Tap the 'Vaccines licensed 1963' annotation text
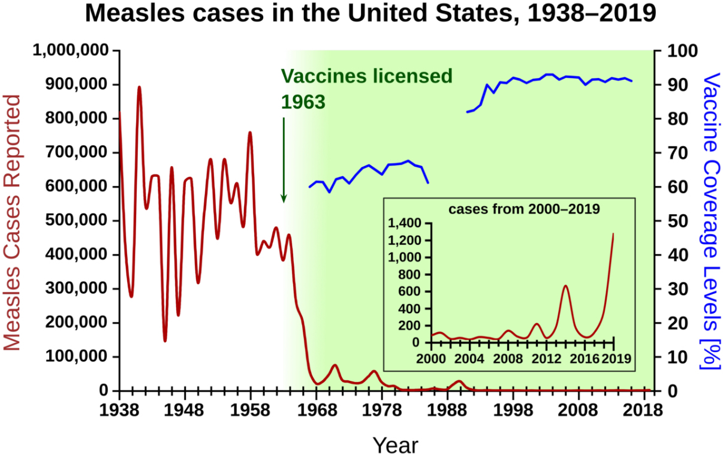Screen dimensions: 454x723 click(366, 89)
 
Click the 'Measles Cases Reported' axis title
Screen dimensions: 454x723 click(13, 222)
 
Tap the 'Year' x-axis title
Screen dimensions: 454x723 click(395, 445)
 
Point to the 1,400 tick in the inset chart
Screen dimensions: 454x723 click(406, 224)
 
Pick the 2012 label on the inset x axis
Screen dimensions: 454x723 click(546, 359)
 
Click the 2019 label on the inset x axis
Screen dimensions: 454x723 click(616, 359)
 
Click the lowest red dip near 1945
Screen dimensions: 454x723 click(165, 341)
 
